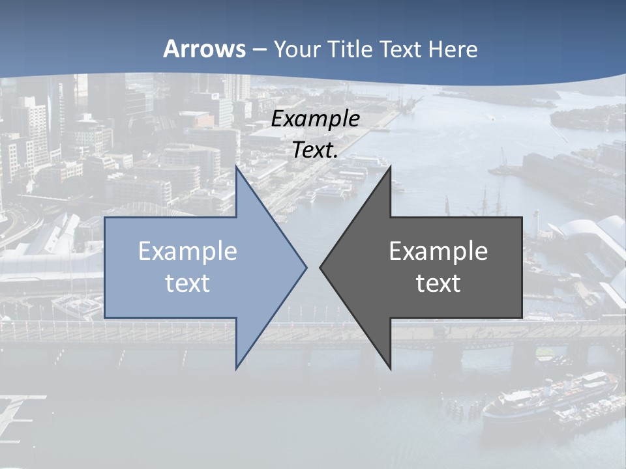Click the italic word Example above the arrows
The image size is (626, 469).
tap(316, 119)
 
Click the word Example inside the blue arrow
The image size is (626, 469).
tap(188, 251)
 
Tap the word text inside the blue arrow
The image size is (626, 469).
tap(188, 283)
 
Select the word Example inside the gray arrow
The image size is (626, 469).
tap(438, 251)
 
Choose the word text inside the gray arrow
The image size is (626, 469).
tap(438, 283)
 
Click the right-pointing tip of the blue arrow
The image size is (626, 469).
tap(305, 267)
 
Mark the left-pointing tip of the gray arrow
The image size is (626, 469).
tap(321, 267)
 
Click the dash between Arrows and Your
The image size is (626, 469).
tap(259, 50)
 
